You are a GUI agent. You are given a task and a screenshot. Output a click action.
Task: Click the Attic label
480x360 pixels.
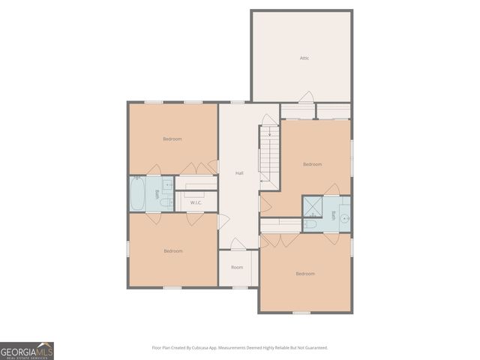coord(304,58)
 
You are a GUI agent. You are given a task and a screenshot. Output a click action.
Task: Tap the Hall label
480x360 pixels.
coord(239,173)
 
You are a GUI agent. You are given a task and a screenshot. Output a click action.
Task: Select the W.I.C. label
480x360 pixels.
coord(196,202)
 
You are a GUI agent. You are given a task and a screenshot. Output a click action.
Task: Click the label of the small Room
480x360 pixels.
coord(237,267)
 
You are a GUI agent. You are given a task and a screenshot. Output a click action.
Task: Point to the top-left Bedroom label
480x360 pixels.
coord(172,139)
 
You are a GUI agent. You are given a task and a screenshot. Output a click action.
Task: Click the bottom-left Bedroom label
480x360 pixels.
coord(173,250)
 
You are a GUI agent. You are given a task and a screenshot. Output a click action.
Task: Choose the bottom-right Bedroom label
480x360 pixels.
coord(305,274)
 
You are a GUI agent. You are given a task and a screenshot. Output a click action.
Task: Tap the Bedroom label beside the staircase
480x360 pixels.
coord(313,164)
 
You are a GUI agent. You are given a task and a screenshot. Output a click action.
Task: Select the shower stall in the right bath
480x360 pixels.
coord(312,205)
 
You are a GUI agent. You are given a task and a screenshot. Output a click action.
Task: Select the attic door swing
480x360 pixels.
coord(306,97)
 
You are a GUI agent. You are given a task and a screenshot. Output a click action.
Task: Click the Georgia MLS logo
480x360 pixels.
coord(27,351)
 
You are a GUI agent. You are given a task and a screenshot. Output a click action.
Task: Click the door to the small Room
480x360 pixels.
coord(237,245)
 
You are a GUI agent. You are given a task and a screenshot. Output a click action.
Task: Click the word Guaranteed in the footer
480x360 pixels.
coord(315,348)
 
